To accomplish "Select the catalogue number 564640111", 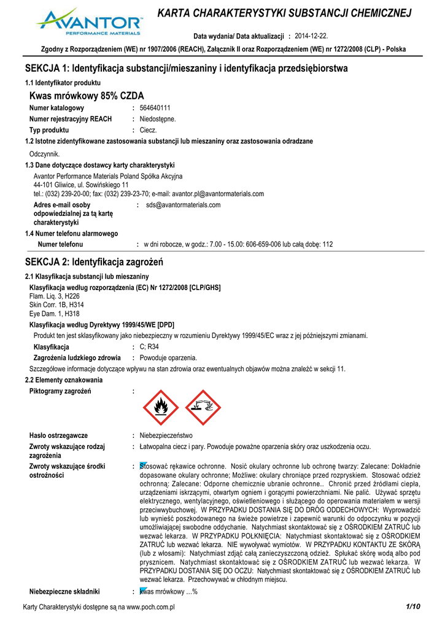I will [155, 108].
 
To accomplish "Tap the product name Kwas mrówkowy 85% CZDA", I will [87, 96].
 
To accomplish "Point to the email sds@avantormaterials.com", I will [183, 205].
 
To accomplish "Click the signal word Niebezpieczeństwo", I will [166, 435].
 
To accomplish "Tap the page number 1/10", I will [412, 607].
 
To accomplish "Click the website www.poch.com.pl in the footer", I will [152, 607].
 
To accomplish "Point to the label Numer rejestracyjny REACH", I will [71, 119].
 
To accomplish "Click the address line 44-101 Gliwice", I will [81, 185].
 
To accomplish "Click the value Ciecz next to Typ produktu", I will [149, 130].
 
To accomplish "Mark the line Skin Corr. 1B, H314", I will [56, 305].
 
